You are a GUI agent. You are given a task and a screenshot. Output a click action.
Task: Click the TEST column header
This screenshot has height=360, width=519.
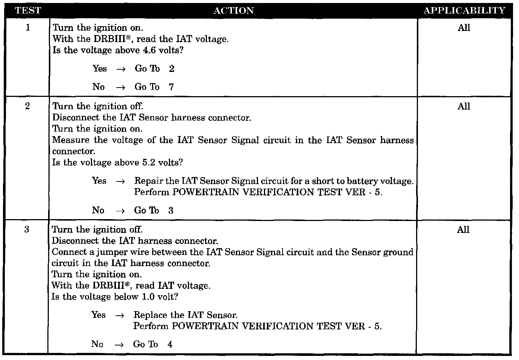(28, 10)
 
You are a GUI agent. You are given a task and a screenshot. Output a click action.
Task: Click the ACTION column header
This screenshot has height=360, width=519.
(233, 10)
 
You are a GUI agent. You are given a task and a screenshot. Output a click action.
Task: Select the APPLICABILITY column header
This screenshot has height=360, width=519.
(464, 10)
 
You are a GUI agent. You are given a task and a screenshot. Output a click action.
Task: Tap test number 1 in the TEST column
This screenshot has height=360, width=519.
(28, 28)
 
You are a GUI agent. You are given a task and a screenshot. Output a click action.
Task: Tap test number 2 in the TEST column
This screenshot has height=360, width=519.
(28, 106)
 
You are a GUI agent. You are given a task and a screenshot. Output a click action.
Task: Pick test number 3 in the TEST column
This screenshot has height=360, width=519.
(27, 230)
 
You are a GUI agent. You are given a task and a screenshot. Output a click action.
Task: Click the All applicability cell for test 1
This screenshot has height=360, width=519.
(464, 28)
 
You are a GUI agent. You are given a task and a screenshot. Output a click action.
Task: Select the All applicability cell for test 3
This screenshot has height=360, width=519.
(463, 230)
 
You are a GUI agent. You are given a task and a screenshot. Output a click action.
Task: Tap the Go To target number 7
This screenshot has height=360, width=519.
(171, 87)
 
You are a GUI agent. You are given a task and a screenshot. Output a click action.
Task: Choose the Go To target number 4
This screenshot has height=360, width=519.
(170, 344)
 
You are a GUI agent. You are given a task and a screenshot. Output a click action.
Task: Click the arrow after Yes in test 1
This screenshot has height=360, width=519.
(120, 69)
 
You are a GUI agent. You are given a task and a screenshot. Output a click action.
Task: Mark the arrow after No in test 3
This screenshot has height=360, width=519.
(119, 345)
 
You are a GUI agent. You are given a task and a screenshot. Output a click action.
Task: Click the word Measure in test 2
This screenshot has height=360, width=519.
(71, 140)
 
